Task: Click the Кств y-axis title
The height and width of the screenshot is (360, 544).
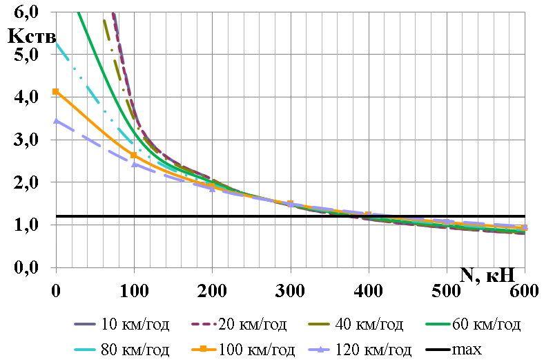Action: coord(32,35)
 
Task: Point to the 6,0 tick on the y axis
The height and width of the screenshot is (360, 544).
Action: coord(26,12)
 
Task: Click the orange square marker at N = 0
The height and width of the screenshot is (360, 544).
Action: coord(56,91)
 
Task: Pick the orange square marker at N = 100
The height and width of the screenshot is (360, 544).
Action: coord(134,155)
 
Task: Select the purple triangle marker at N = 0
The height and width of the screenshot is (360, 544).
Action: coord(56,120)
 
